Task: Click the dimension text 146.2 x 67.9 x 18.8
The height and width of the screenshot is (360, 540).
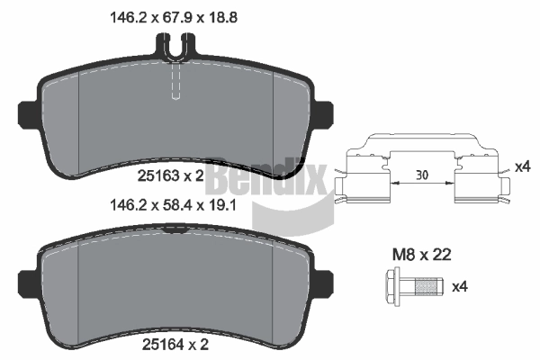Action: point(173,18)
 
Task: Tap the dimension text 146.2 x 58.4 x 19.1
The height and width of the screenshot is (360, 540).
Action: point(173,206)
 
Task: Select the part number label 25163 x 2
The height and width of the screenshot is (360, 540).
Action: point(171,176)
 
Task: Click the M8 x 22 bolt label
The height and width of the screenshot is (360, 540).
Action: point(422,255)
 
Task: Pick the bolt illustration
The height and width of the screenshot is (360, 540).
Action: point(414,286)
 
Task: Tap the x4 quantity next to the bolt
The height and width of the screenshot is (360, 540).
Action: point(460,286)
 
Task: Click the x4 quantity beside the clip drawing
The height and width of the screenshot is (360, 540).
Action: point(523,167)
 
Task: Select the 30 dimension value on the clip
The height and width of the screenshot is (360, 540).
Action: point(422,175)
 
